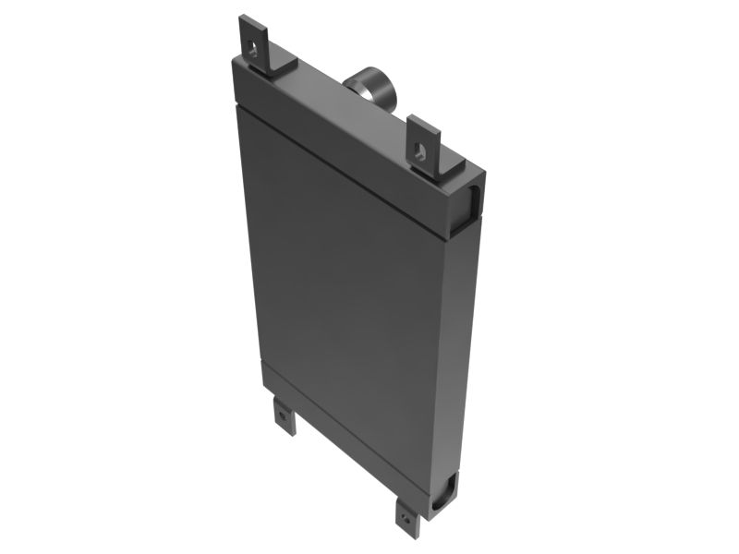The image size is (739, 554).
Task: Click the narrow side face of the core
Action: [x=466, y=351]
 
